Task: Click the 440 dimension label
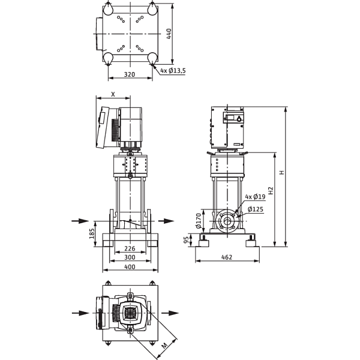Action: point(169,34)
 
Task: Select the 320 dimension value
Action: point(130,74)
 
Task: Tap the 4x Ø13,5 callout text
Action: point(173,70)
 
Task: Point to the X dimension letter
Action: point(113,94)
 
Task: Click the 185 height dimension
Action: point(92,233)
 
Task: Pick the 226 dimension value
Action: point(130,248)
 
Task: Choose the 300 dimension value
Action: point(130,257)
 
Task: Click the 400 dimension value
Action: point(130,267)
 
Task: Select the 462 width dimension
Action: point(227,257)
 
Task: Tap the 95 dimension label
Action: point(187,240)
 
